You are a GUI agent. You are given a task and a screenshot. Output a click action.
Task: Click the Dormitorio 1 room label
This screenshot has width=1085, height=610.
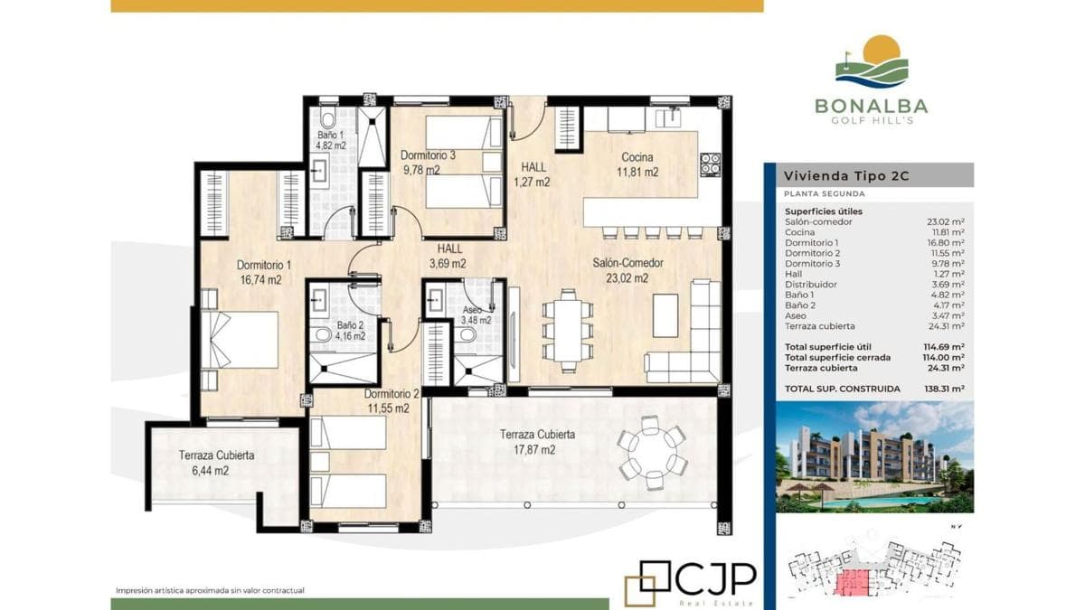(x=263, y=266)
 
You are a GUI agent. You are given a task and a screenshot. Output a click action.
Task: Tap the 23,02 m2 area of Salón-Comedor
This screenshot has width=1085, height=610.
(x=627, y=278)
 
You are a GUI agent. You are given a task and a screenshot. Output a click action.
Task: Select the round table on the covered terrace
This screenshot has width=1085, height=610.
(x=652, y=453)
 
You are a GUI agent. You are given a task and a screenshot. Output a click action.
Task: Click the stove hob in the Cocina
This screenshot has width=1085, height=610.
(x=710, y=164)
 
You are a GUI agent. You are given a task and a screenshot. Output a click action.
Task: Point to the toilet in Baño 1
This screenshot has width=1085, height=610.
(x=327, y=117)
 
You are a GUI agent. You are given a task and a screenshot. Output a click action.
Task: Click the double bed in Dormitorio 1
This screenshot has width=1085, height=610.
(x=240, y=340)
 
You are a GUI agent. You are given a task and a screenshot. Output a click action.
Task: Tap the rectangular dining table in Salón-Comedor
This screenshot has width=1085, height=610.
(x=568, y=330)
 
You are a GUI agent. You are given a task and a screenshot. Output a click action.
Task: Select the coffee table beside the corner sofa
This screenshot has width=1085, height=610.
(x=665, y=315)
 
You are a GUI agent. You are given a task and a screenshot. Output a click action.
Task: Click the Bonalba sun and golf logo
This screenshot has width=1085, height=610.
(x=872, y=62)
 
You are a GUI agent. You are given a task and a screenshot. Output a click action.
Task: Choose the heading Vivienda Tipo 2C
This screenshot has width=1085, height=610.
(x=846, y=175)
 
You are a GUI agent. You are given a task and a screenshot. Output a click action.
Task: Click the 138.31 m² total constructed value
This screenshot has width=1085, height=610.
(x=944, y=389)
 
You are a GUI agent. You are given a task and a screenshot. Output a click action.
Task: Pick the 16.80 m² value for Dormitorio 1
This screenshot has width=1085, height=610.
(x=946, y=242)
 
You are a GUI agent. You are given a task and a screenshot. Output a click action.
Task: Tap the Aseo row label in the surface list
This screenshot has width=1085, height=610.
(x=796, y=315)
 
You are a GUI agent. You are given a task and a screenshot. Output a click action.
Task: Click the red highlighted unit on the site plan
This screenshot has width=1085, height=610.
(x=852, y=582)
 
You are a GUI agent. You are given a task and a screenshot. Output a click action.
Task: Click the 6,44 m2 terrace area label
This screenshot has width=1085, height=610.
(x=210, y=471)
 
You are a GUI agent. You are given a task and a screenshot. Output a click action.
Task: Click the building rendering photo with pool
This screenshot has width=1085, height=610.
(x=875, y=456)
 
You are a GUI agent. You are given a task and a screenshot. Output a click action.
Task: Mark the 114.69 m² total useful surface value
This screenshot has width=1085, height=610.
(x=944, y=347)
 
